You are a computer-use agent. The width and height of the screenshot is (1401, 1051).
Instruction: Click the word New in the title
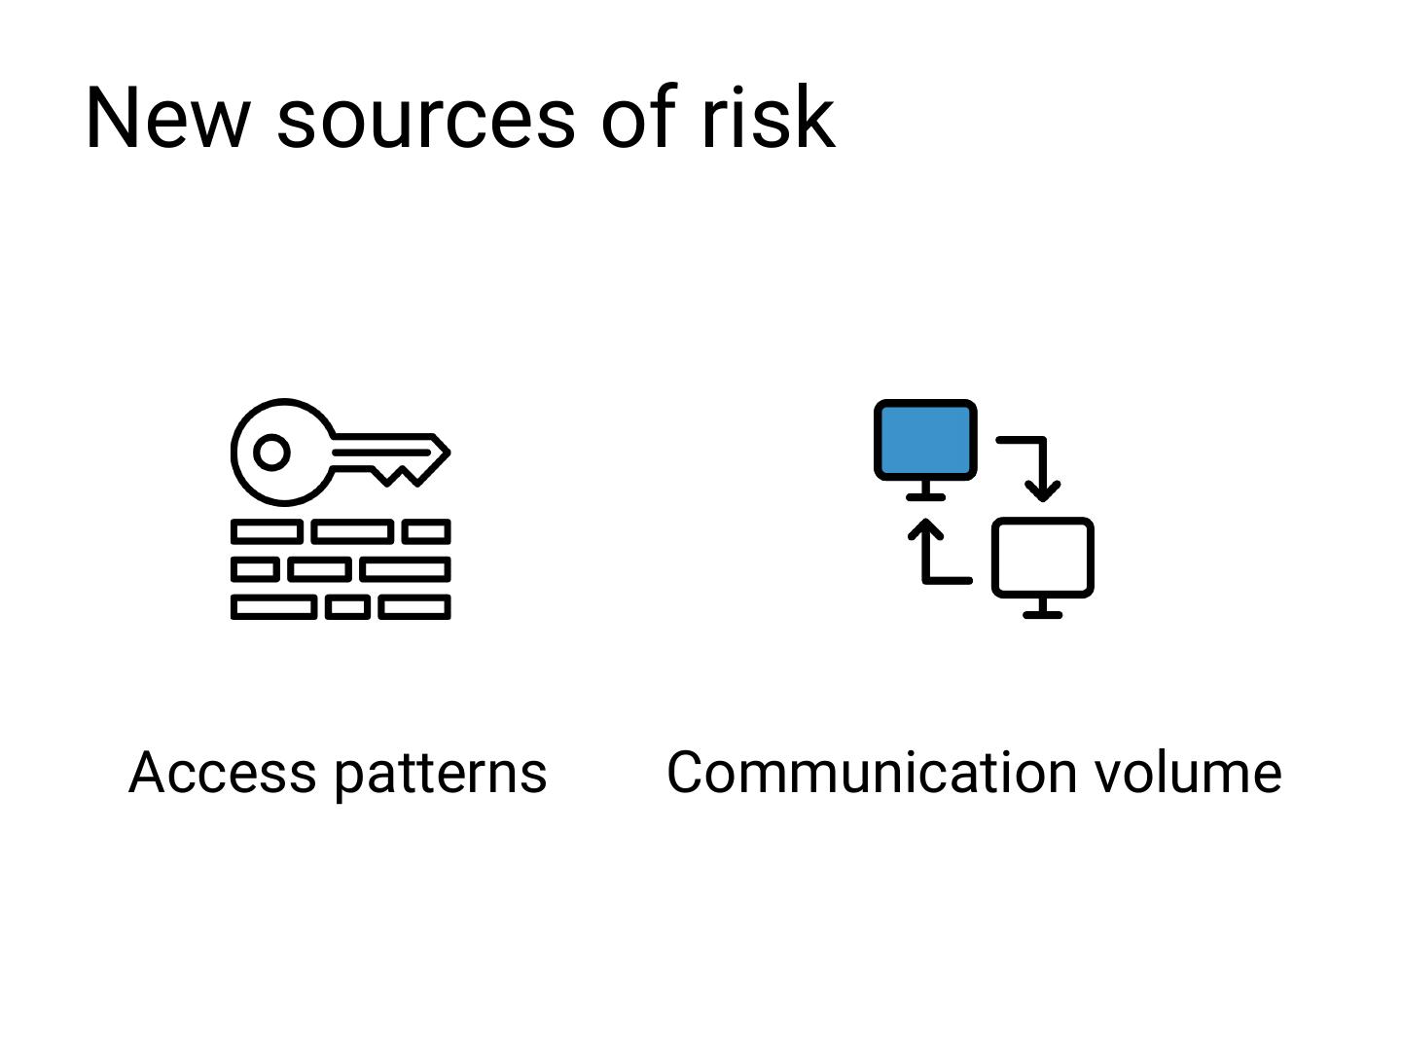166,118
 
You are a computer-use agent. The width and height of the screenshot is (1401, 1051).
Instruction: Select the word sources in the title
426,120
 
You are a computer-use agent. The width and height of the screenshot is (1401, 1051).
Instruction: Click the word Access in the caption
223,773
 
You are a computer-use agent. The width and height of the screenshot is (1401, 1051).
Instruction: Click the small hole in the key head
271,453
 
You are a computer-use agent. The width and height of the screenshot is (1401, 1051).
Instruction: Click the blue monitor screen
925,440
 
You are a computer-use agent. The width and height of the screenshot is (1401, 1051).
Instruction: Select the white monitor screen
1042,557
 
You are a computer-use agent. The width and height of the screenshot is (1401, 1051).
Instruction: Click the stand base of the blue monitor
925,496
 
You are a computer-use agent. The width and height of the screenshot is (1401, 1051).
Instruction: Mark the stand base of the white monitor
1042,614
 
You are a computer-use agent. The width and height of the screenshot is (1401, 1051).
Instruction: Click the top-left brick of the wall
266,531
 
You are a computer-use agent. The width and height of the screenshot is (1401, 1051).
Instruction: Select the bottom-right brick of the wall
414,608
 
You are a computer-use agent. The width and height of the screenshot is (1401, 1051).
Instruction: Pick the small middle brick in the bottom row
347,608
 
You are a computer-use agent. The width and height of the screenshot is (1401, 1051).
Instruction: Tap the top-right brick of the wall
426,531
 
